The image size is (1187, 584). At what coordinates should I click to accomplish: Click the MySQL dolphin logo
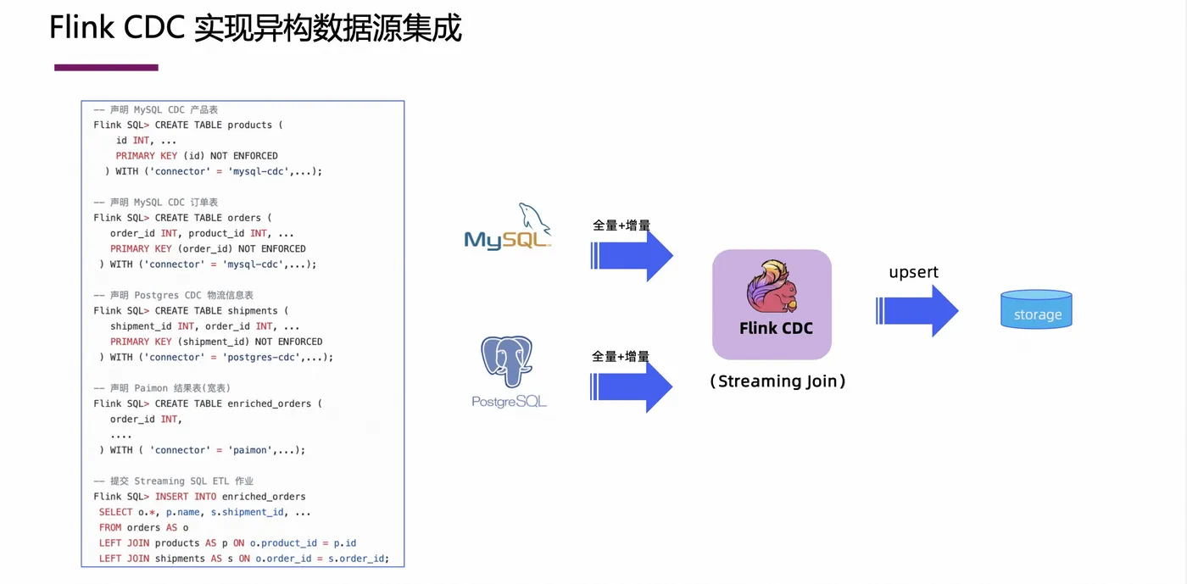pyautogui.click(x=508, y=226)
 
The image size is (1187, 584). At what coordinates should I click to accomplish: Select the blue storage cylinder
pyautogui.click(x=1036, y=309)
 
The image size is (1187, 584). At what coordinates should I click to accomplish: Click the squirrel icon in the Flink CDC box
pyautogui.click(x=772, y=286)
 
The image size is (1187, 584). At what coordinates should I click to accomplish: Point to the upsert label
pyautogui.click(x=913, y=272)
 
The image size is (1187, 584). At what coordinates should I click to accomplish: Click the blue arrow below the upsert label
pyautogui.click(x=917, y=310)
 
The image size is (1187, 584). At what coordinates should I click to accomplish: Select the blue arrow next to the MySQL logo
pyautogui.click(x=632, y=255)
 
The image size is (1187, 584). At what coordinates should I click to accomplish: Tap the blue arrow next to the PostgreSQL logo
pyautogui.click(x=631, y=387)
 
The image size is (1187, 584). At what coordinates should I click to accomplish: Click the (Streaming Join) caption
pyautogui.click(x=777, y=381)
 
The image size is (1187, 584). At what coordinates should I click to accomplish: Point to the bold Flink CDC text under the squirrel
pyautogui.click(x=776, y=328)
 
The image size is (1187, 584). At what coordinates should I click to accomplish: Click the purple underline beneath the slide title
pyautogui.click(x=106, y=67)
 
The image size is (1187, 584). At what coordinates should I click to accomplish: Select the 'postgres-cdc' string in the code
pyautogui.click(x=261, y=357)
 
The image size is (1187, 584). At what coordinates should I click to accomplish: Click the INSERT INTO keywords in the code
pyautogui.click(x=186, y=497)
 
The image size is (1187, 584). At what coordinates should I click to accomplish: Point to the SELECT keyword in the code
pyautogui.click(x=115, y=512)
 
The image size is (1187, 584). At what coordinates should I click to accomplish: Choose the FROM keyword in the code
pyautogui.click(x=110, y=527)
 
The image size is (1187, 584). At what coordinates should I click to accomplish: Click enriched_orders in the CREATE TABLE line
pyautogui.click(x=270, y=403)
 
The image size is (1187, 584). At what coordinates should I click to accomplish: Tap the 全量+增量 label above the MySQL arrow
pyautogui.click(x=621, y=225)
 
